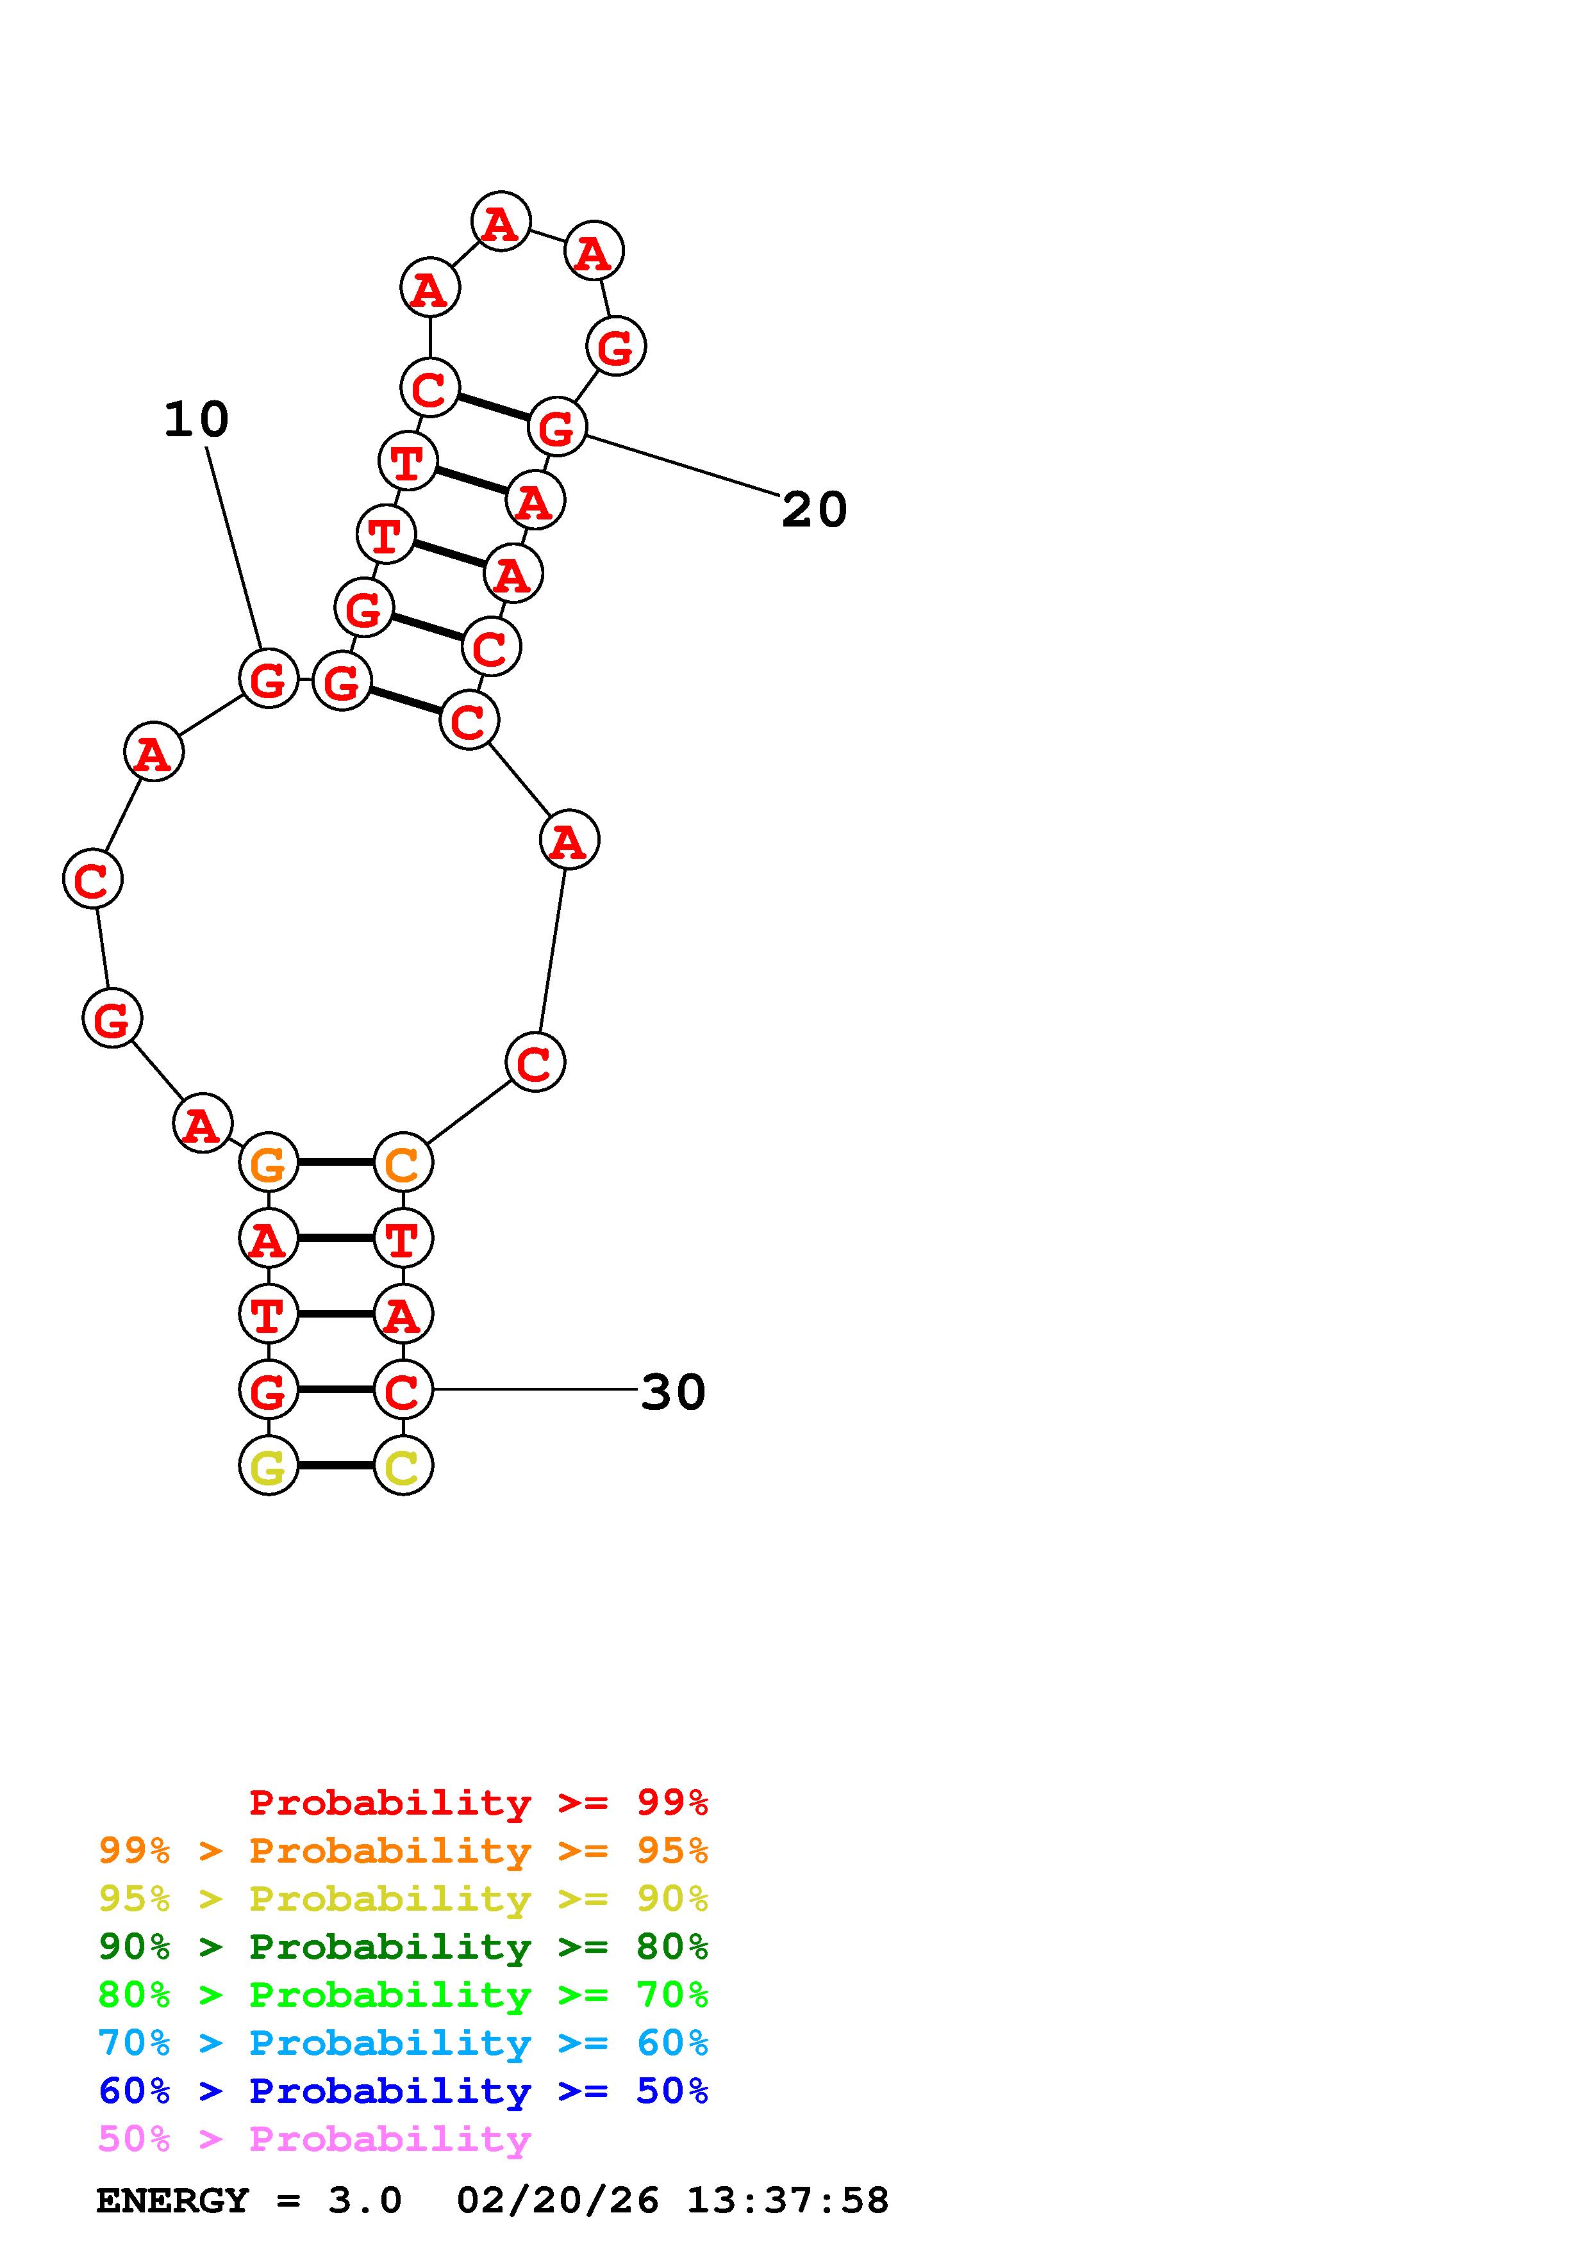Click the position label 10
[196, 420]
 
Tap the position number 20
[813, 510]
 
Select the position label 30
[672, 1392]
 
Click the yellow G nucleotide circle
[269, 1465]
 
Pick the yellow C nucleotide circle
[403, 1465]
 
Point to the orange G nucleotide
[269, 1163]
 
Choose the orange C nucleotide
[403, 1163]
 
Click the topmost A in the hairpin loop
[501, 222]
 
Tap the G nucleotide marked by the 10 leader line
[269, 678]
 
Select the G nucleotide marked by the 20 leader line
[557, 427]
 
